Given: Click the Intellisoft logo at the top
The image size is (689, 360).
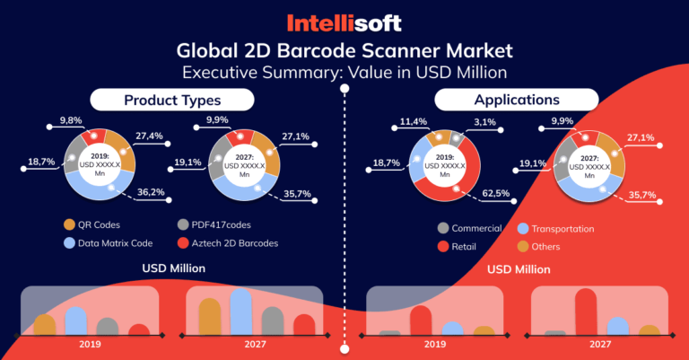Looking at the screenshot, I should pos(344,21).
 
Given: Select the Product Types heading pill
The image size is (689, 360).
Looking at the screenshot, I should pos(171,100).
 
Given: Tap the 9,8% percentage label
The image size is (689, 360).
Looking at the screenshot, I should pos(72,120).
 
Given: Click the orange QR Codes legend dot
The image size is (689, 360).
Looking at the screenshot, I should pos(70,224).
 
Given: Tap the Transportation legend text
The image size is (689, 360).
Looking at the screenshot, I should pos(563,228).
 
